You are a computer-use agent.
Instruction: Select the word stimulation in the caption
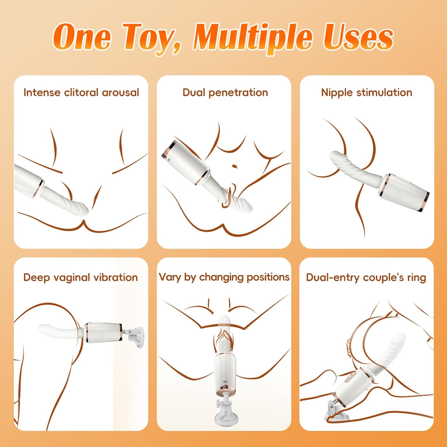384,92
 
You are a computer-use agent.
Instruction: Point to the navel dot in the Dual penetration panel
235,166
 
